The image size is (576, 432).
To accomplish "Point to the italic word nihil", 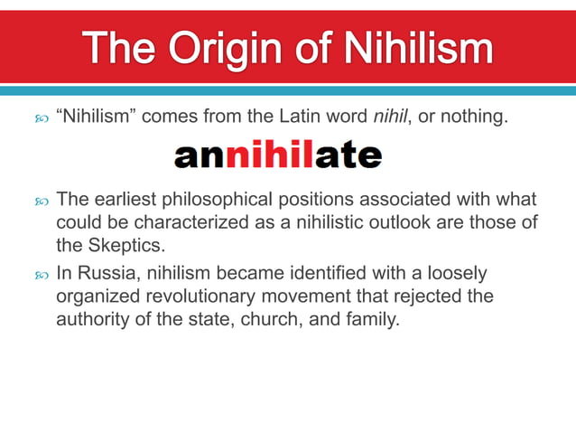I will pos(386,117).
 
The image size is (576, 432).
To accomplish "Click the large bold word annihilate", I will pos(278,156).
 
